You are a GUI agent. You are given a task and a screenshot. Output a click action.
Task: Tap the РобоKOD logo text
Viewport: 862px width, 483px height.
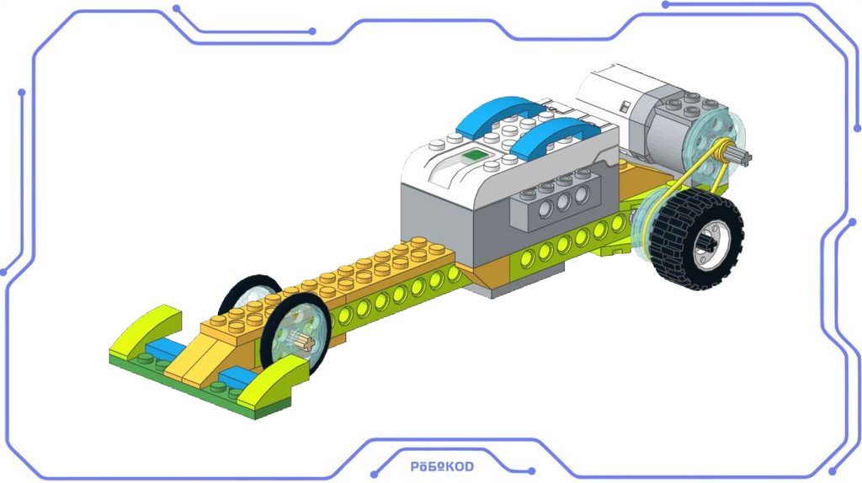tap(442, 466)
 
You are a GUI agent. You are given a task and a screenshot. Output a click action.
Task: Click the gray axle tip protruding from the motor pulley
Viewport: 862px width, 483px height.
tap(742, 156)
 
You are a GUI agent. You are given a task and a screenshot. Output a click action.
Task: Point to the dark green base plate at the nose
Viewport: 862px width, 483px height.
tap(202, 387)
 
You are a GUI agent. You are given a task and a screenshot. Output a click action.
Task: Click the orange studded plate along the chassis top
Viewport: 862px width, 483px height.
tap(370, 269)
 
